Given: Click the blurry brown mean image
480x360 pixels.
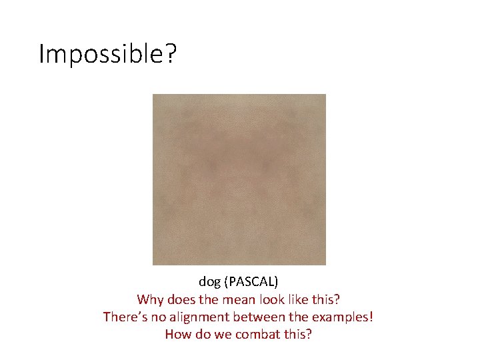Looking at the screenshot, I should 239,179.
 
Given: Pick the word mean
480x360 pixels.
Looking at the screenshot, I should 243,299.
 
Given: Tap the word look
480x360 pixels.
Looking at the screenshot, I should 278,299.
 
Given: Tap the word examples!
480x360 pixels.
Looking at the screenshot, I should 345,317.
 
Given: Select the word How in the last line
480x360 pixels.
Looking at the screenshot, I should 177,334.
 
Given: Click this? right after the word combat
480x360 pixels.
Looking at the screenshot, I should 297,334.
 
